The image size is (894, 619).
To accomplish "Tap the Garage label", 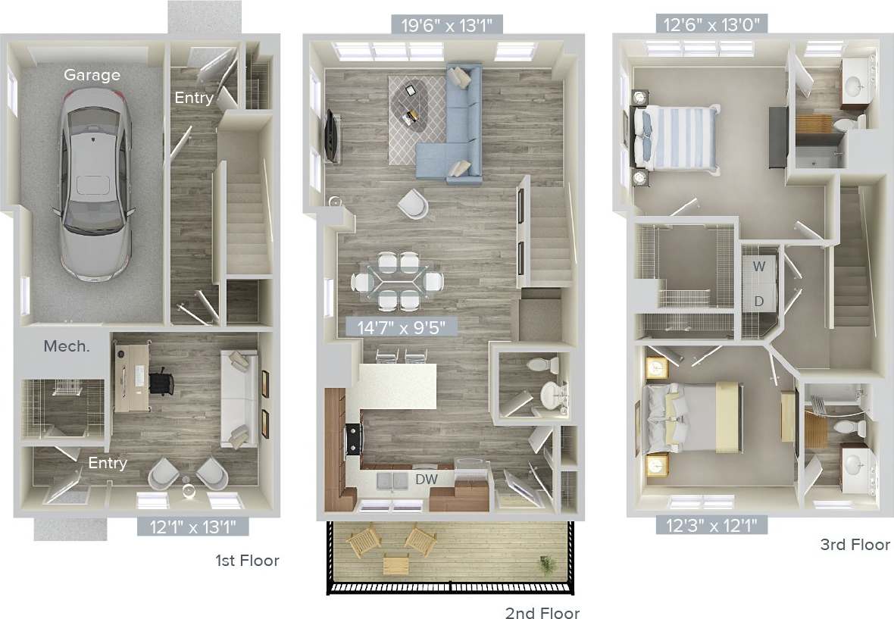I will pos(92,75).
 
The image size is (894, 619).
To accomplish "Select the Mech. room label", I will pos(67,346).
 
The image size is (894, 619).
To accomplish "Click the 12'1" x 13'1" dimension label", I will pos(192,526).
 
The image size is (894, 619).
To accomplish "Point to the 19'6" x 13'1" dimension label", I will pos(448,25).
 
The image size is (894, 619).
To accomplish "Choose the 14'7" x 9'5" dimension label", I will pos(402,327).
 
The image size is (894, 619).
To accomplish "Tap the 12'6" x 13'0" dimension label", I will pos(712,24).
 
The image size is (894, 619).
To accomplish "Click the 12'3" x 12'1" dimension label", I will pos(711,524).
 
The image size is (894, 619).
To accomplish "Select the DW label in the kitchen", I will pos(426,479).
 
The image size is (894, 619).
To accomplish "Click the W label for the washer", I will pos(758,266).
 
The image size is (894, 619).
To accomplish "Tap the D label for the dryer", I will pos(758,301).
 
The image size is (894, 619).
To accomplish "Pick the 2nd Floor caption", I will pos(542,612).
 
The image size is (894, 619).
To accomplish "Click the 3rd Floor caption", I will pos(855,544).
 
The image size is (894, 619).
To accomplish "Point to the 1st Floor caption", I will pos(247,561).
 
